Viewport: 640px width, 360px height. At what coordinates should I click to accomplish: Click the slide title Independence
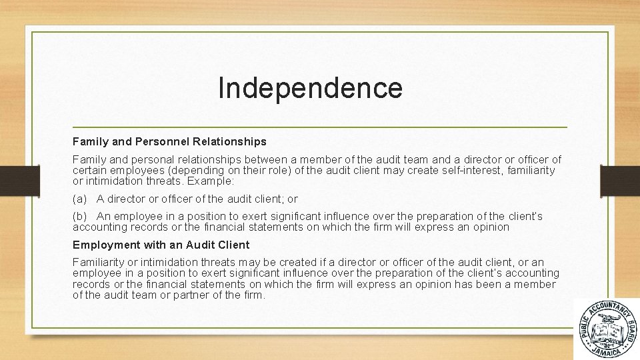pos(310,88)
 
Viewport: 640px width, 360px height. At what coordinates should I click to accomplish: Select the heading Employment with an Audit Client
pos(161,245)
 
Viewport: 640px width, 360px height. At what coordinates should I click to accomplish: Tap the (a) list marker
pos(79,199)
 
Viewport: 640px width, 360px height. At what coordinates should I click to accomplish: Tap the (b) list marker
pos(79,216)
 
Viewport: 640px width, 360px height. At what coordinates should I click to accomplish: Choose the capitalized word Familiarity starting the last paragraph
pos(97,262)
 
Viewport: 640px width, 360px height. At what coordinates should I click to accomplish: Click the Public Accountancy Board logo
pos(606,329)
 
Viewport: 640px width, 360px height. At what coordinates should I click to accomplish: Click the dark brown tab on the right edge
pos(620,180)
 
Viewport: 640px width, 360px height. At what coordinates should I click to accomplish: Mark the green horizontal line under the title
pos(319,127)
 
